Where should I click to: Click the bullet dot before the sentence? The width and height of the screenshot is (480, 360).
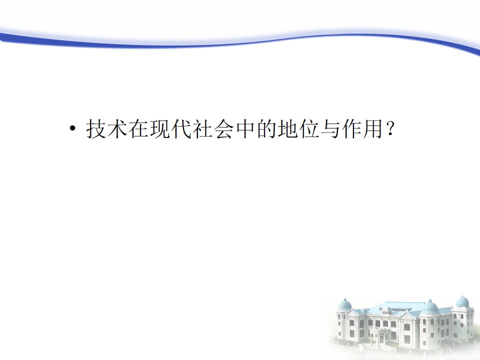click(72, 128)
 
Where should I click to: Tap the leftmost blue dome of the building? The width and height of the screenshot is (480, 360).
click(345, 304)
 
